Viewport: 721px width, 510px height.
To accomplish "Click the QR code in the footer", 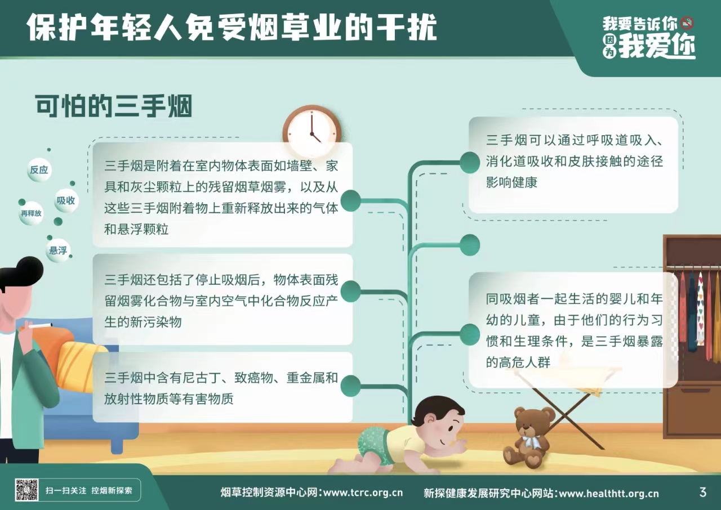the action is (26, 490).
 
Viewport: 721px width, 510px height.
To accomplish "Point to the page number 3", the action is (702, 492).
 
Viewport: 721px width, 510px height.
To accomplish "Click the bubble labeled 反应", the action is (39, 170).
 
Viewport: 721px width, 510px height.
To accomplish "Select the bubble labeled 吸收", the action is (66, 200).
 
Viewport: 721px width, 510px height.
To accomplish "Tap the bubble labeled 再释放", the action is (31, 213).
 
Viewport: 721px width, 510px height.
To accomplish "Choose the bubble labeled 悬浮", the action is (58, 250).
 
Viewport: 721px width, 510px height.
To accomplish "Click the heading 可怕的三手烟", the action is (114, 106).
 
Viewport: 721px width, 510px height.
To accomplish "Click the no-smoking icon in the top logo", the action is (687, 23).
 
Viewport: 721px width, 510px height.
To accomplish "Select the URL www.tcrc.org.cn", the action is (363, 493).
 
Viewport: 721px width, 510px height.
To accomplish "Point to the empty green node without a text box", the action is (470, 245).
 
